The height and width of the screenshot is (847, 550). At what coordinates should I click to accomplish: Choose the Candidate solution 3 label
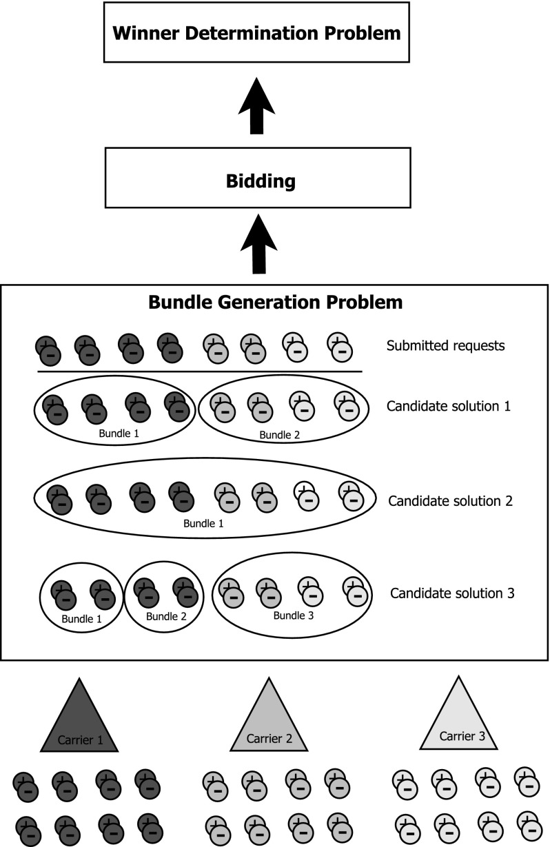pyautogui.click(x=452, y=593)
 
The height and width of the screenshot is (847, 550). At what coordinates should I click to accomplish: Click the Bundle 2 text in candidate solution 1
pyautogui.click(x=280, y=435)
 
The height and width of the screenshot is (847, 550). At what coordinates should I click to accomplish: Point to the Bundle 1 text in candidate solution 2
pyautogui.click(x=203, y=523)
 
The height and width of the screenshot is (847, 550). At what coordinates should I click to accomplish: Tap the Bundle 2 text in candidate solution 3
pyautogui.click(x=165, y=615)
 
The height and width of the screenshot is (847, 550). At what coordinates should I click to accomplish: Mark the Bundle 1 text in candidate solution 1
pyautogui.click(x=114, y=434)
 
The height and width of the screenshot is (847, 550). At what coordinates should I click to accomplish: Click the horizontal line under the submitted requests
pyautogui.click(x=200, y=371)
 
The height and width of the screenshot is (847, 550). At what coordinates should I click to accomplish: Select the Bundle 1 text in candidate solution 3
pyautogui.click(x=82, y=618)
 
